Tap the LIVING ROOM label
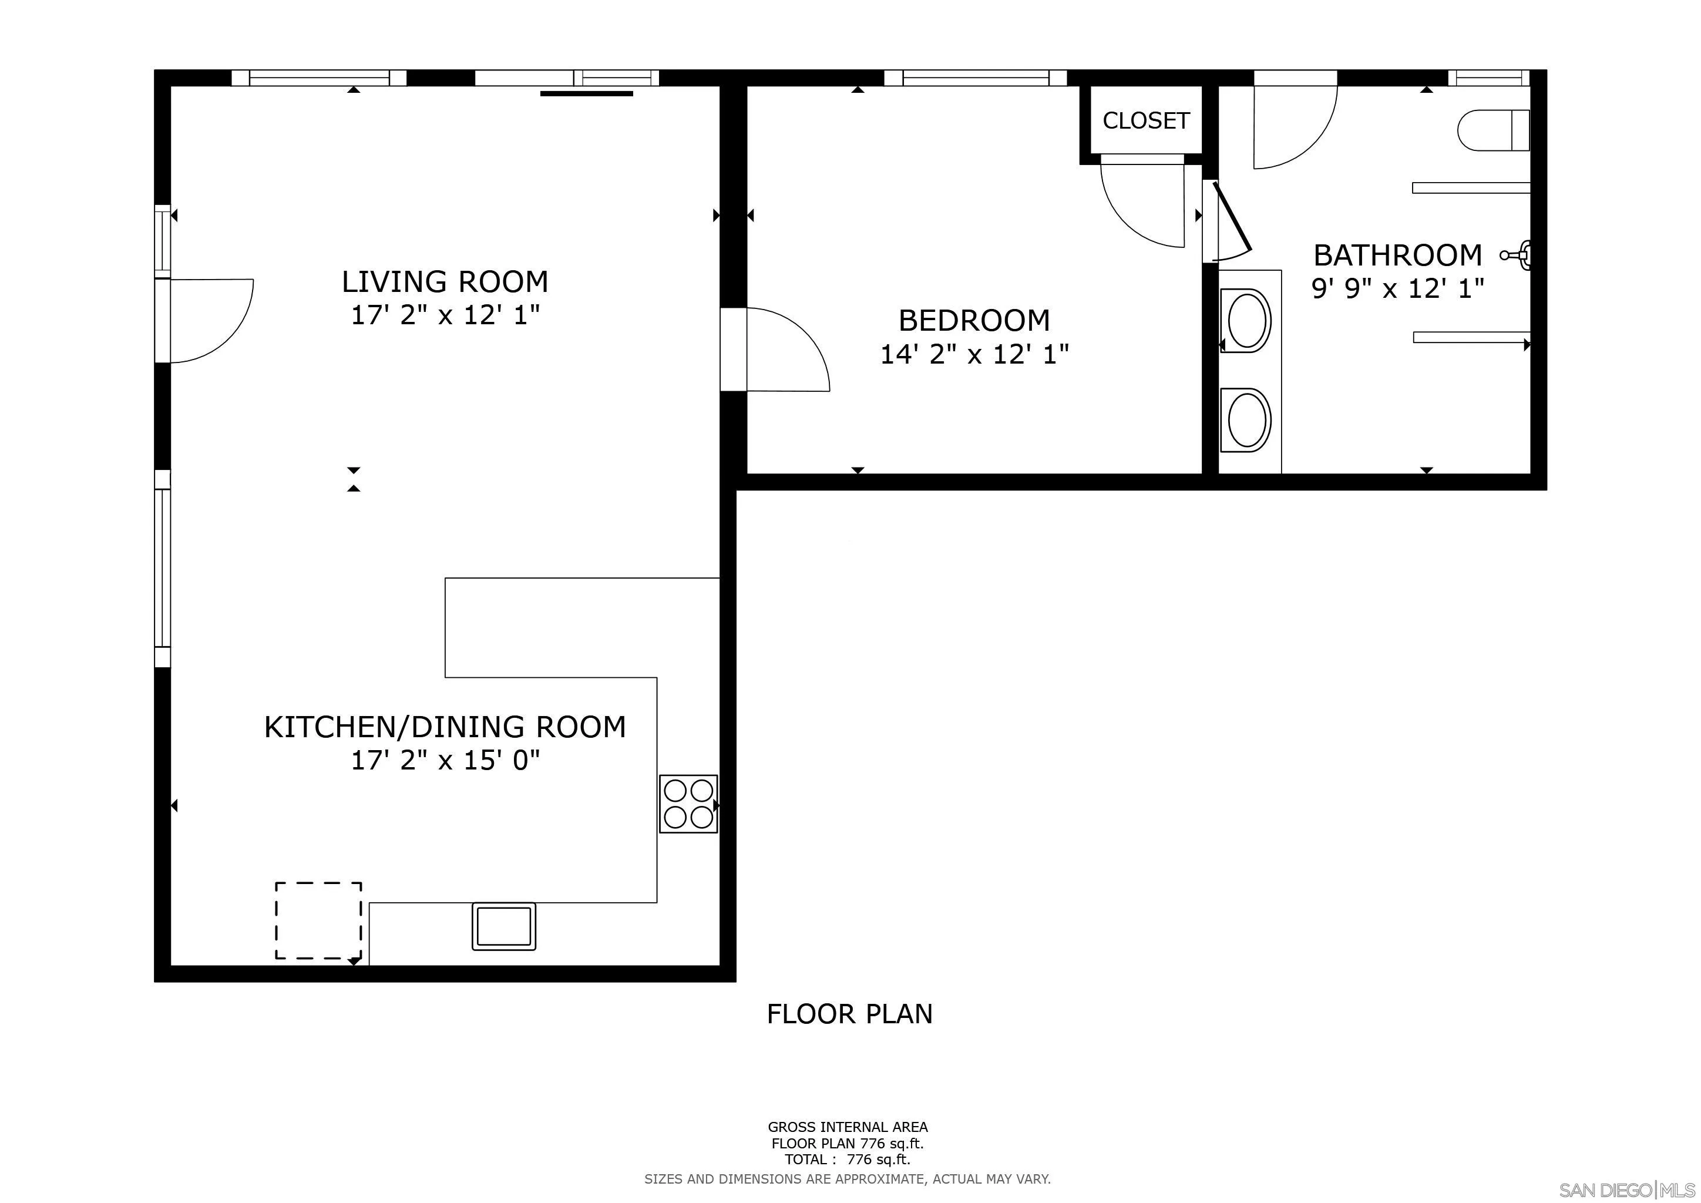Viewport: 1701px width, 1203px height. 445,281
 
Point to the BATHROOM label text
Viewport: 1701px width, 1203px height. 1397,255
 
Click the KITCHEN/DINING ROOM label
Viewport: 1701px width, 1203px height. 445,727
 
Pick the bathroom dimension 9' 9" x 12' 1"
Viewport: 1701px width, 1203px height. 1397,288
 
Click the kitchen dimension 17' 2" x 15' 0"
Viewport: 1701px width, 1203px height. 445,760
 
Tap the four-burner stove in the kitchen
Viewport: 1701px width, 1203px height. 688,804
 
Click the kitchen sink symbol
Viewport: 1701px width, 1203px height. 504,926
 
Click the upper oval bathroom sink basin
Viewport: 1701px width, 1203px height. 1246,321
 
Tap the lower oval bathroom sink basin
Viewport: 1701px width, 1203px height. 1246,420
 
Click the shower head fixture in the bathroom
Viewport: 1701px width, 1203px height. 1516,255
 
